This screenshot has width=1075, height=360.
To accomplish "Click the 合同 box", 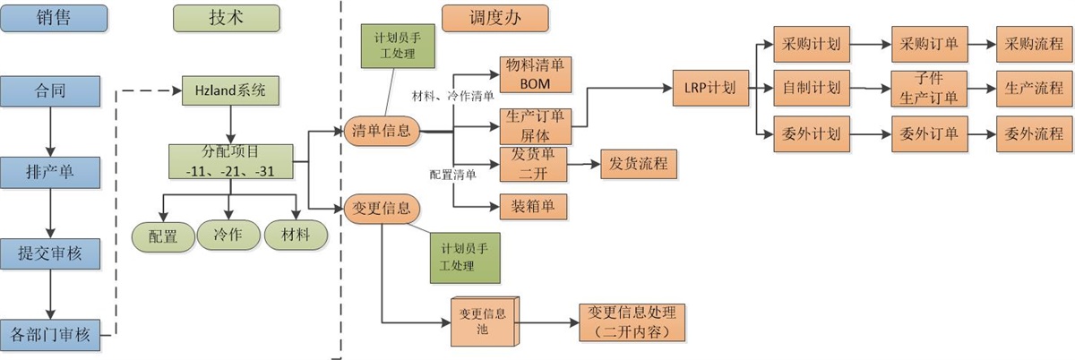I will click(x=50, y=90).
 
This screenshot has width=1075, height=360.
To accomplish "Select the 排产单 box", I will click(x=50, y=172).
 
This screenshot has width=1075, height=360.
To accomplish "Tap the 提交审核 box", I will click(x=50, y=254).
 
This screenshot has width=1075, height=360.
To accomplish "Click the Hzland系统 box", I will click(x=230, y=90).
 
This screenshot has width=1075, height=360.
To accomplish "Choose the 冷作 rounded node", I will click(x=229, y=236).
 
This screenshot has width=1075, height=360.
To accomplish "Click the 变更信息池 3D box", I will click(x=482, y=321).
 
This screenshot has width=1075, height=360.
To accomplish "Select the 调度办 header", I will click(x=495, y=17).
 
